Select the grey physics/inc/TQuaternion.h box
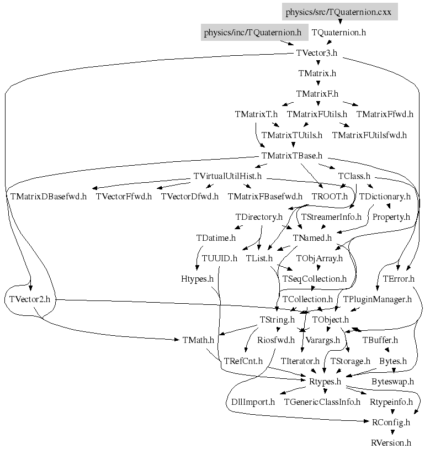253,33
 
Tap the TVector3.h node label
316,53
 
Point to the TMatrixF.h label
317,94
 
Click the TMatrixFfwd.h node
384,114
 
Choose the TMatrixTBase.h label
291,155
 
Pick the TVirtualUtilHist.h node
227,176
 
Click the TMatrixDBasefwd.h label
48,196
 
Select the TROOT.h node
330,196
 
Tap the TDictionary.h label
385,196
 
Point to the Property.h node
391,217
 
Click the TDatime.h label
216,237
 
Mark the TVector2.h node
30,299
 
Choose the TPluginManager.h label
377,299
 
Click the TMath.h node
198,340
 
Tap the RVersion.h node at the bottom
391,442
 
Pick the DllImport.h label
250,402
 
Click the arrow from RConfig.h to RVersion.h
391,432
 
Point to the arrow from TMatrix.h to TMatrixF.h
317,83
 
